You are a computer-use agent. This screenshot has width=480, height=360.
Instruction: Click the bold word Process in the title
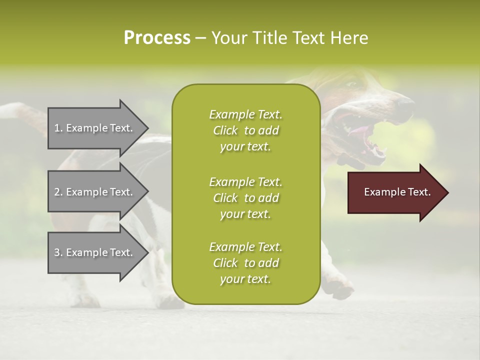point(156,38)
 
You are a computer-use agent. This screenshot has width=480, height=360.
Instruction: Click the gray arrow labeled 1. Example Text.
point(95,128)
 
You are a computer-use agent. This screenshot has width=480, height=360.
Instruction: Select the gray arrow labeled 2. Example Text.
point(95,192)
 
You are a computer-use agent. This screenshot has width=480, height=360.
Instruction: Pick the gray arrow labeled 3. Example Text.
point(95,252)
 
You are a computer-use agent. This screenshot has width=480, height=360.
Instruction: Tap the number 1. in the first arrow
point(58,128)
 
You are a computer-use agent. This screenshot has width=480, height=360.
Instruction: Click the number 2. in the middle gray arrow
point(58,192)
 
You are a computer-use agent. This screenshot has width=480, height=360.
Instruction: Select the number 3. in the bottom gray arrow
point(58,252)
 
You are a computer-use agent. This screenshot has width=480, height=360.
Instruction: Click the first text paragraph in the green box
point(245,130)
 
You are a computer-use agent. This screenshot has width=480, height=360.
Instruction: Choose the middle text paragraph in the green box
point(245,198)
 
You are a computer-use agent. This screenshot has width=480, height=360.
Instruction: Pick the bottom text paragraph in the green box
point(245,263)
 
